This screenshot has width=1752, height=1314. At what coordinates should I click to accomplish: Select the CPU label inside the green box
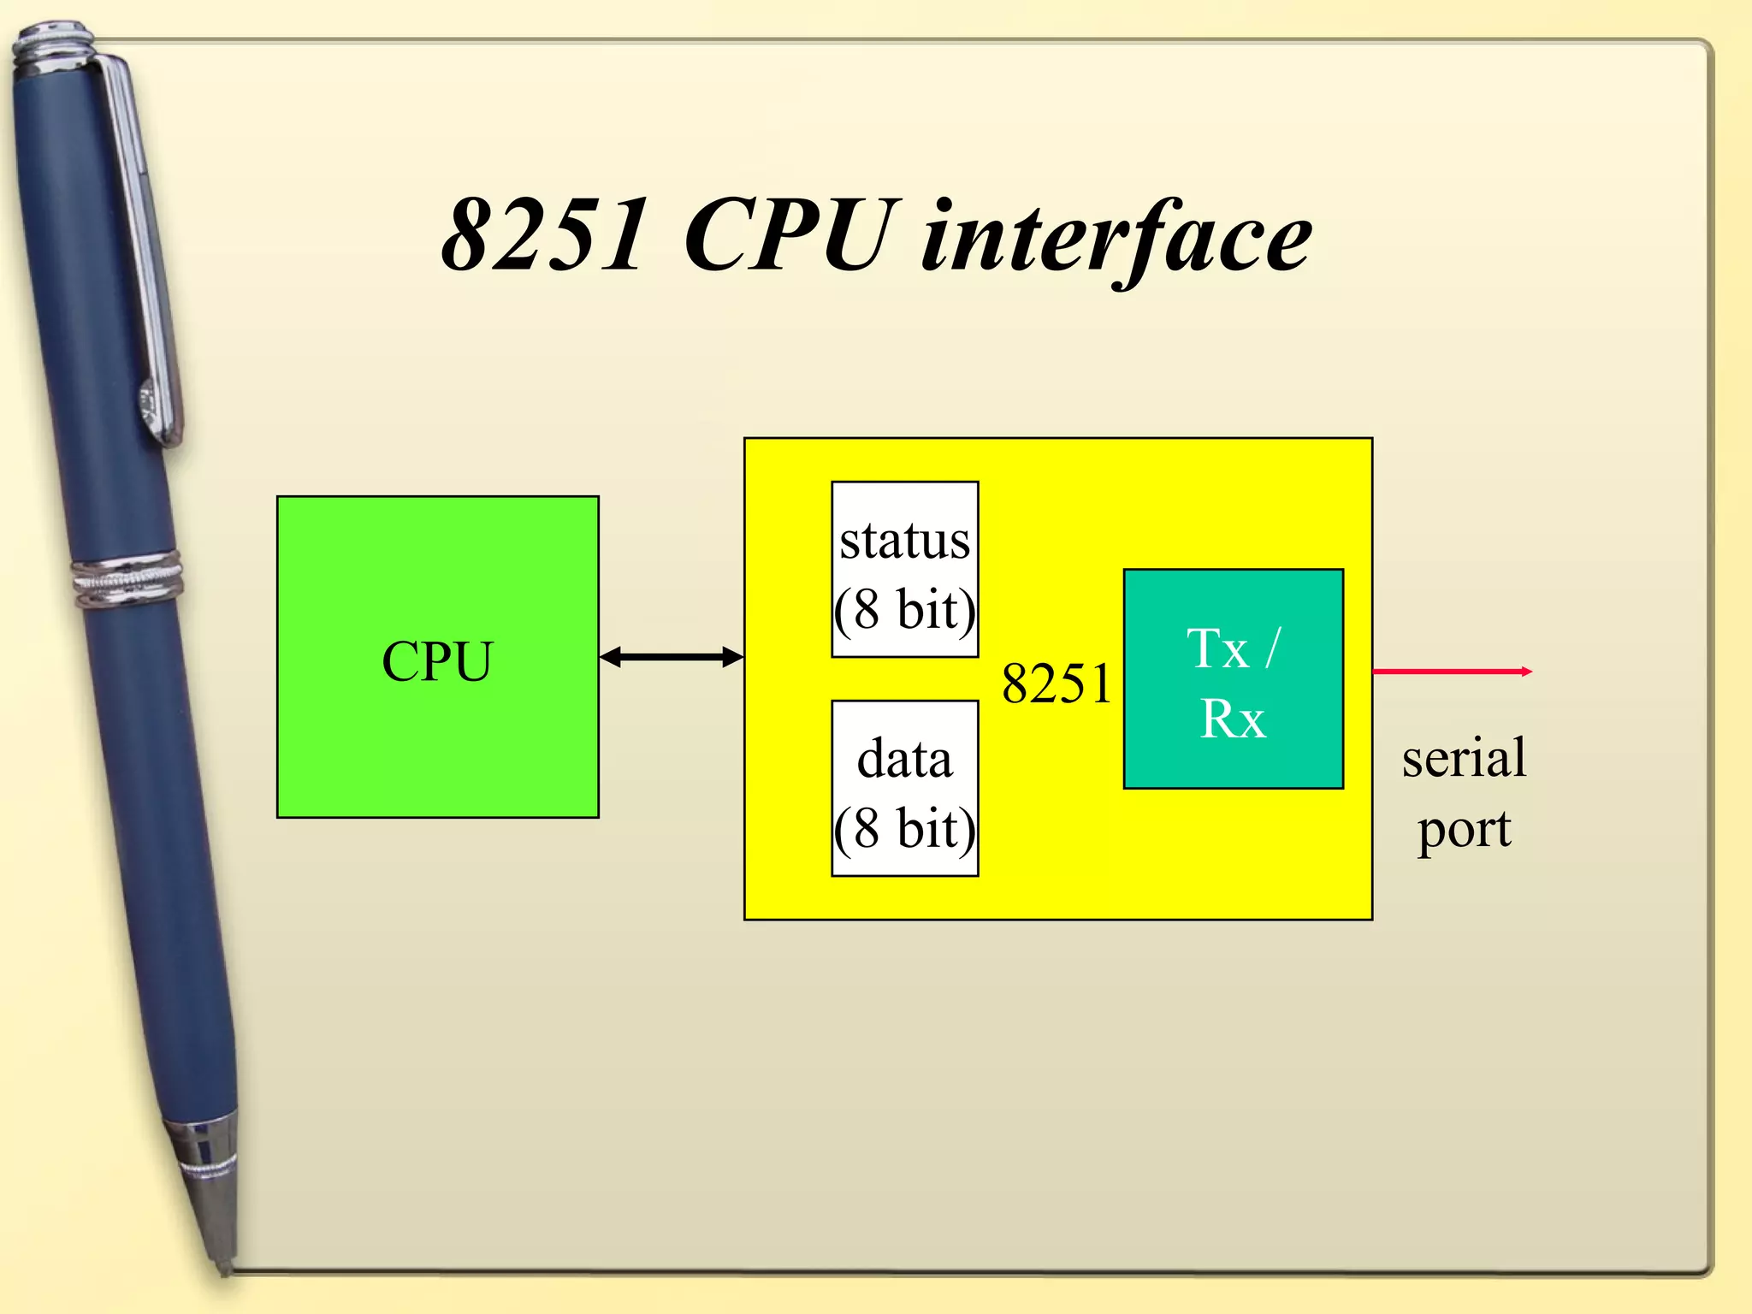[437, 661]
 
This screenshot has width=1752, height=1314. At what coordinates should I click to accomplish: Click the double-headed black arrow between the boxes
[672, 657]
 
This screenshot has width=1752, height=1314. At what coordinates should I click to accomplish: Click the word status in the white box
[905, 541]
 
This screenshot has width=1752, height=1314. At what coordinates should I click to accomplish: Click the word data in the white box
[905, 760]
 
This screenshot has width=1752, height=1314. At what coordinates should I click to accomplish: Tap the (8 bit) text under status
[905, 610]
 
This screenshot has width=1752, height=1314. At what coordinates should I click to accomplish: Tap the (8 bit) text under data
[905, 828]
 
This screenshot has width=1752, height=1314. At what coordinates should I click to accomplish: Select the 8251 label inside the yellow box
[1057, 684]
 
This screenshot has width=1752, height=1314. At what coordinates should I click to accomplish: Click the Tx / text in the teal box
[1233, 648]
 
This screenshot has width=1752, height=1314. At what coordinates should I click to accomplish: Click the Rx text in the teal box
[1233, 719]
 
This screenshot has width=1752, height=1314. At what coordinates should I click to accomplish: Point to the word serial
[1464, 758]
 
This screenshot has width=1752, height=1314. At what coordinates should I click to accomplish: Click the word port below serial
[1464, 828]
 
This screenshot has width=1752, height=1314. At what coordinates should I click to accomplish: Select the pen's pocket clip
[145, 257]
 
